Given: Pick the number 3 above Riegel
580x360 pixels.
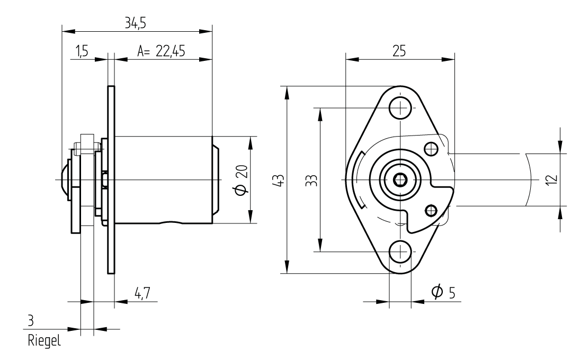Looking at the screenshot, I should coord(31,321).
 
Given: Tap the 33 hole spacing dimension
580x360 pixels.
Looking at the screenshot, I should coord(312,180).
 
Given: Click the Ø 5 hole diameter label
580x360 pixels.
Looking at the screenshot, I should coord(443,292).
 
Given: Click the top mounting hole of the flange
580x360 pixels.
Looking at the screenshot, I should coord(400,107).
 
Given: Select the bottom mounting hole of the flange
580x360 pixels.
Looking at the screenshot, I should coord(400,251).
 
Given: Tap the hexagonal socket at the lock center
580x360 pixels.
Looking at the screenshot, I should coord(400,180).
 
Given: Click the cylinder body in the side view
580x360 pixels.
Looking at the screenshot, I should coord(164,179).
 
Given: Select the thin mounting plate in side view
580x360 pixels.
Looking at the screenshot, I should coord(111,179).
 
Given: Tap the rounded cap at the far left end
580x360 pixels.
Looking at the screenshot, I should coord(64,179).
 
